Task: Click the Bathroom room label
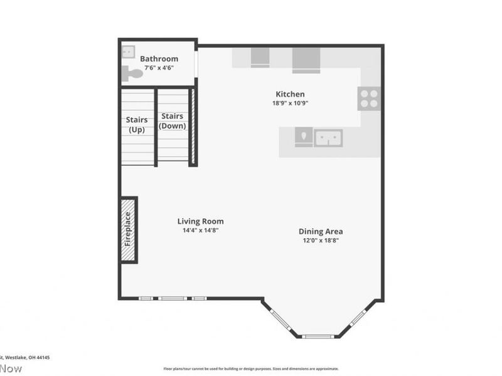tap(159, 59)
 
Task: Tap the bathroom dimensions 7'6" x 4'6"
tap(159, 68)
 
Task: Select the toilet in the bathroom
tap(132, 73)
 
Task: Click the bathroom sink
tap(127, 51)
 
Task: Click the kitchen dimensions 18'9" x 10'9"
tap(290, 103)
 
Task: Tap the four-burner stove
tap(369, 98)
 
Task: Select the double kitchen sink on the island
tap(328, 137)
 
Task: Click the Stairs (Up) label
tap(137, 125)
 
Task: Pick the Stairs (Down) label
tap(172, 121)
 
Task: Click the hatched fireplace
tap(128, 229)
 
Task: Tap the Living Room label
tap(200, 221)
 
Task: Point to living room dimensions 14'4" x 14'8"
tap(200, 230)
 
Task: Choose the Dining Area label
tap(320, 231)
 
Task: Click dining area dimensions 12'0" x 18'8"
tap(320, 240)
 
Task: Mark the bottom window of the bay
tap(318, 337)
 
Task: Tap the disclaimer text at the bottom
tap(251, 369)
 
